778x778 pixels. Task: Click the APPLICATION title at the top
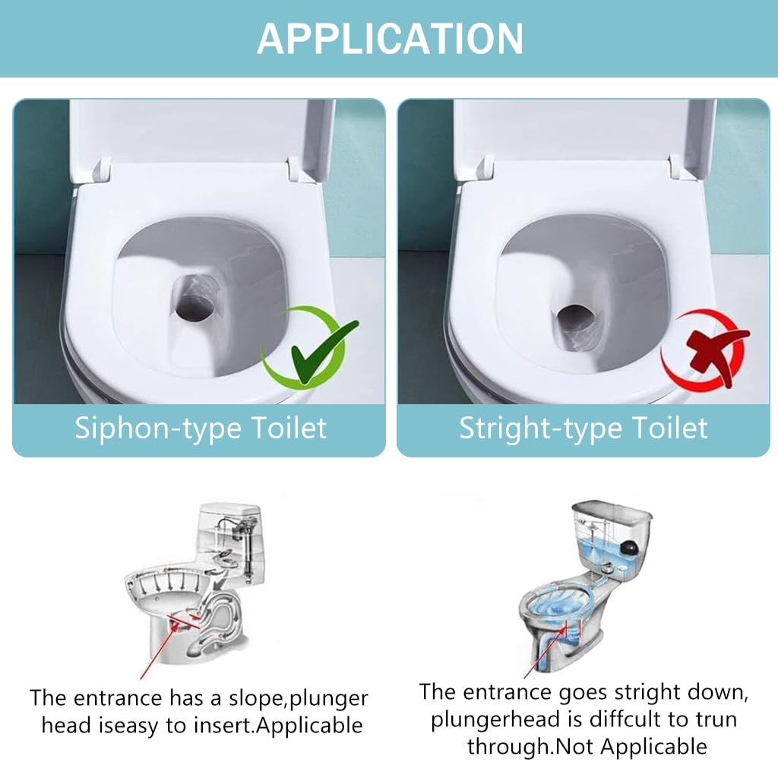(x=390, y=39)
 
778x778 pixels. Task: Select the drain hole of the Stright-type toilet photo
(x=576, y=317)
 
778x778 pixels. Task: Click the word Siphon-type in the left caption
(x=158, y=429)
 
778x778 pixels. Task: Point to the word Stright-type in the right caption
(x=540, y=429)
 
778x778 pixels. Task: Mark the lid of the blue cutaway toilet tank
(x=612, y=511)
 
